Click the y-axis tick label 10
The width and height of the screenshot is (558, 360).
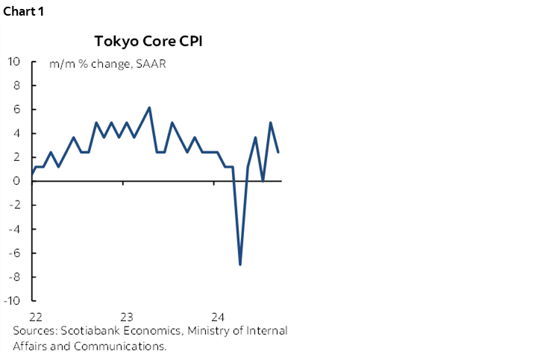pos(14,62)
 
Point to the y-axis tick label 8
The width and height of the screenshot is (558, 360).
pos(17,86)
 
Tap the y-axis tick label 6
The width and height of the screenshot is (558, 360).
pos(17,110)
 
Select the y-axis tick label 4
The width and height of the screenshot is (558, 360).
pos(17,133)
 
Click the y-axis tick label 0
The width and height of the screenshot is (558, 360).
pos(17,181)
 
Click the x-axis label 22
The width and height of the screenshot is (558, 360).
pos(34,315)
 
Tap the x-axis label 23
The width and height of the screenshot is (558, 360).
pos(126,315)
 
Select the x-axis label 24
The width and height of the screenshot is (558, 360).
pos(219,315)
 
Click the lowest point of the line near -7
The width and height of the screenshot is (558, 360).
pos(240,264)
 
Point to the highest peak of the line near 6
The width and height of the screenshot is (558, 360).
pos(150,108)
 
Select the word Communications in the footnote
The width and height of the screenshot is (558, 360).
pos(114,346)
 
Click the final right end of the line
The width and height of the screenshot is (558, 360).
pos(278,152)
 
